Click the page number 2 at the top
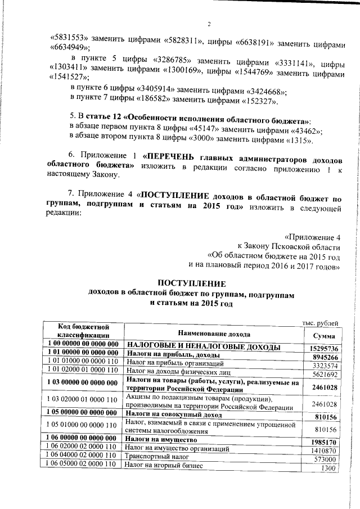209,24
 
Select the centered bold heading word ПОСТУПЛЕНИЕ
191,283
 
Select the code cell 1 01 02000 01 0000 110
83,371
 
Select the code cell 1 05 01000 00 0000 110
83,425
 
